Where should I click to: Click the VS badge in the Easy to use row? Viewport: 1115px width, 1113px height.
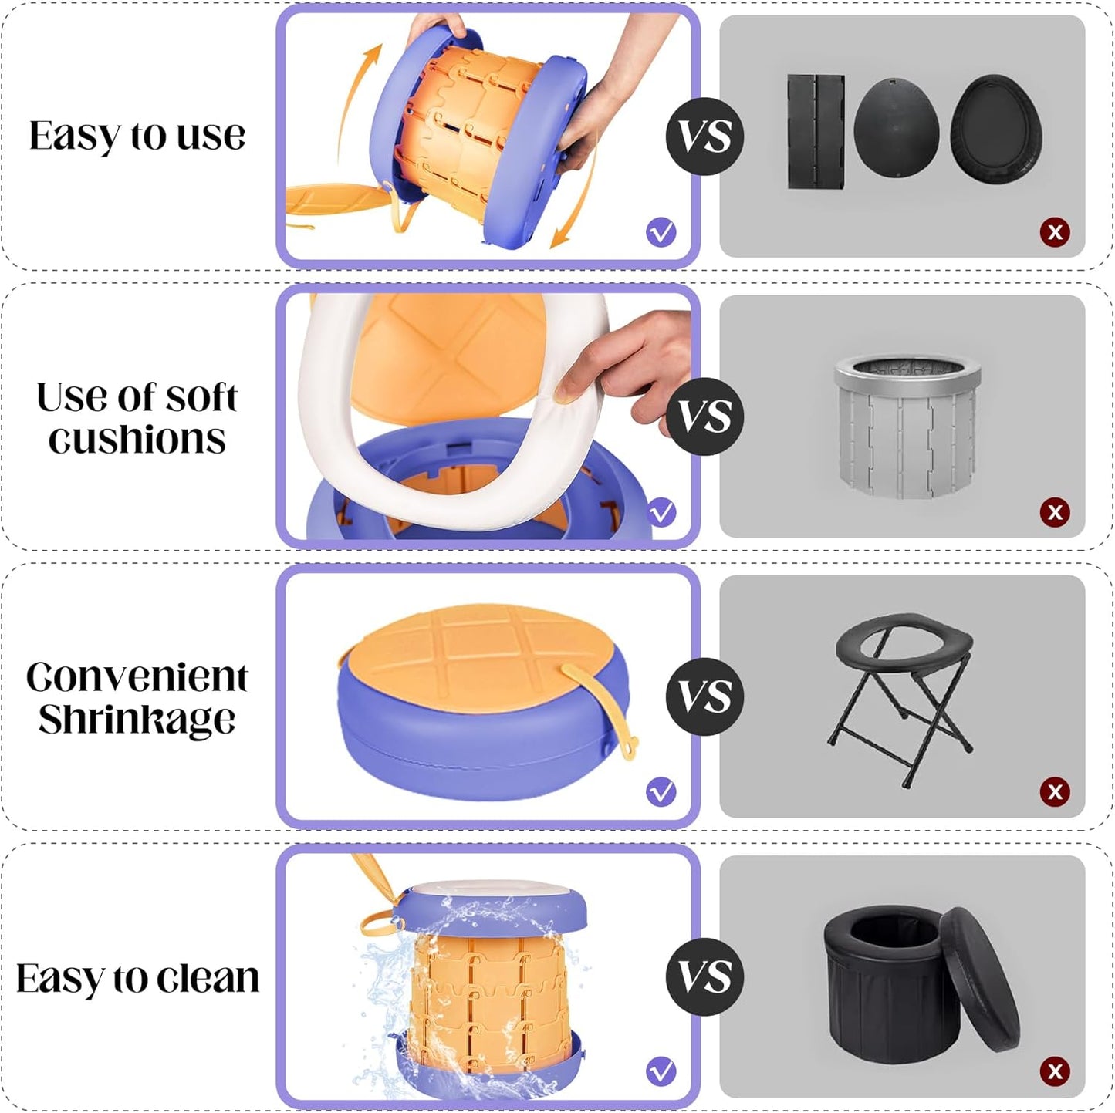click(x=704, y=137)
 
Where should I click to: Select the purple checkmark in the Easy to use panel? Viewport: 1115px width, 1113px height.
click(x=661, y=233)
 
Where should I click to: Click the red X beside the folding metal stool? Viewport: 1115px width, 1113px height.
click(x=1054, y=791)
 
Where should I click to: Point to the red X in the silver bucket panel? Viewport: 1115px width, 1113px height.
click(x=1054, y=512)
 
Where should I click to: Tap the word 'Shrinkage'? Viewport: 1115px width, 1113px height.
click(x=137, y=720)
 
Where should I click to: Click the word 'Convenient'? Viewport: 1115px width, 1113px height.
click(x=137, y=677)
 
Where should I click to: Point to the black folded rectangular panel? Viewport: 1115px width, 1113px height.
click(x=816, y=131)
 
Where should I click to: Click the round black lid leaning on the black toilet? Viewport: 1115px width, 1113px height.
click(x=980, y=980)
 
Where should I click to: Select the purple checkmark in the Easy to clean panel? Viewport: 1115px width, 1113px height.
click(x=661, y=1071)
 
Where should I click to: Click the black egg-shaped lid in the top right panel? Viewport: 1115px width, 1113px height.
click(x=897, y=128)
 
